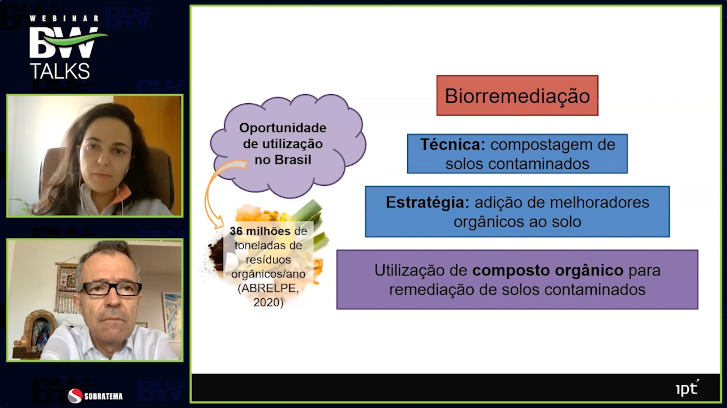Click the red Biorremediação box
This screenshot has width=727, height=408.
tap(517, 95)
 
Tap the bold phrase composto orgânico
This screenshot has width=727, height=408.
tap(548, 270)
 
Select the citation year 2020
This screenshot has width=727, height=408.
tap(268, 302)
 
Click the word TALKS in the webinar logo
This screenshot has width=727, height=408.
tap(60, 71)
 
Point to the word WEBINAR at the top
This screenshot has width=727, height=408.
tap(64, 18)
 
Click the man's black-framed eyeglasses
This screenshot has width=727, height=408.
tap(111, 289)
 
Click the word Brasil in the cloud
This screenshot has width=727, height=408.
tap(293, 160)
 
